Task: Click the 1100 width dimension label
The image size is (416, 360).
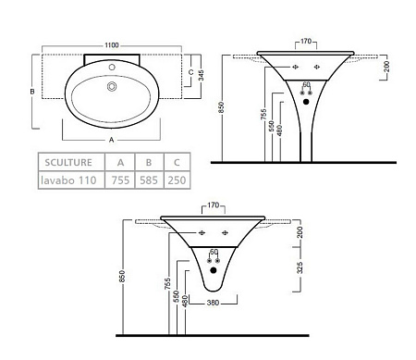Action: click(112, 45)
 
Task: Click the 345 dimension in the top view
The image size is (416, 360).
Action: click(201, 75)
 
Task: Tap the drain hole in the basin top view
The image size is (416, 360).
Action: click(112, 86)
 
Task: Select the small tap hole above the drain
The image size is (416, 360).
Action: click(112, 67)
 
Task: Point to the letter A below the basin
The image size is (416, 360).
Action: click(112, 140)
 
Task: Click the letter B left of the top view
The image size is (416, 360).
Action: click(32, 92)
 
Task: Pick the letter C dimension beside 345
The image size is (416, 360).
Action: click(191, 72)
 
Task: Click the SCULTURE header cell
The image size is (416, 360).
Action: click(68, 162)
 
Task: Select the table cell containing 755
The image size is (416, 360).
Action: click(120, 180)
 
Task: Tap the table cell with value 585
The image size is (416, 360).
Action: click(149, 180)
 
